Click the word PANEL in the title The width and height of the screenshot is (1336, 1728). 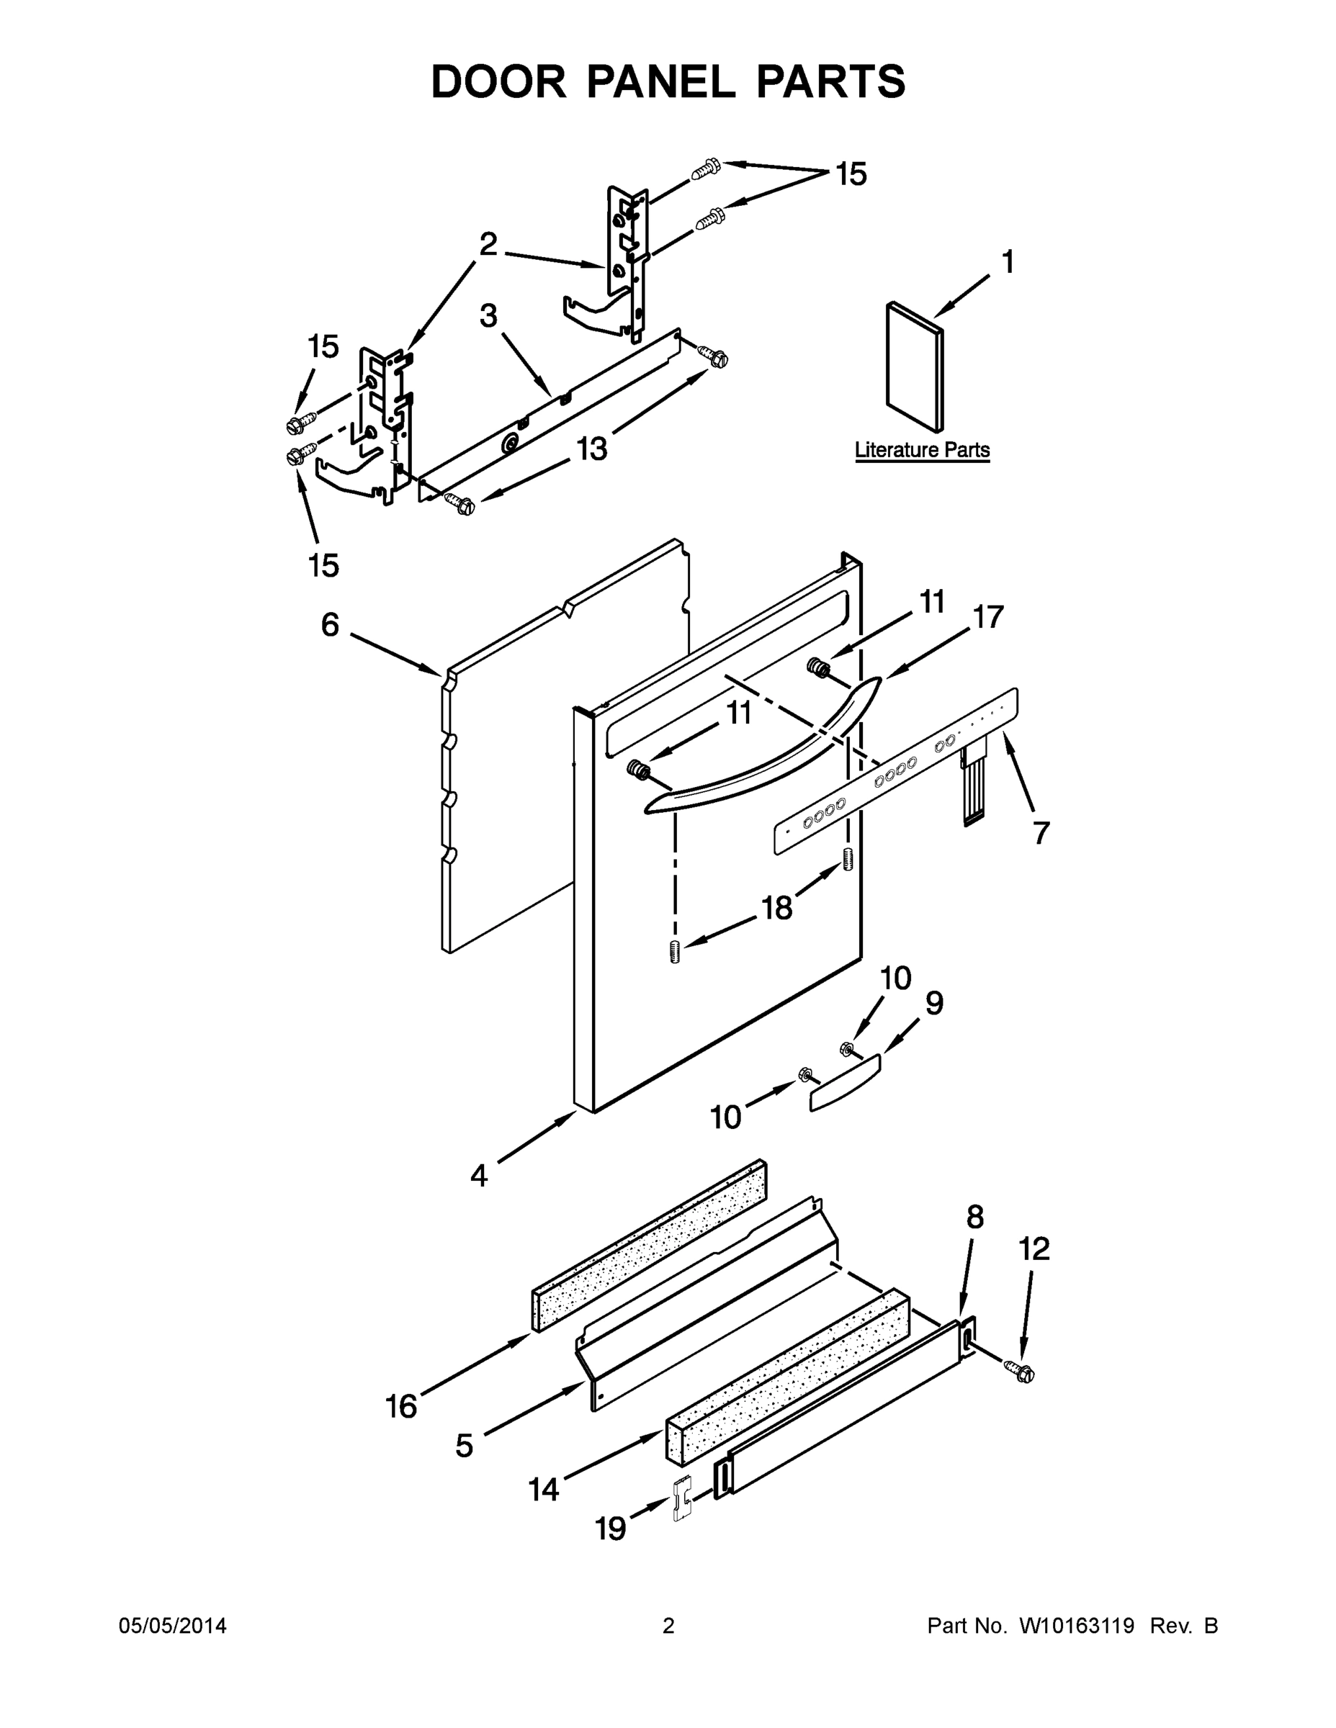tap(660, 82)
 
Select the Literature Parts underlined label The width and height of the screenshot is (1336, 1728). tap(921, 450)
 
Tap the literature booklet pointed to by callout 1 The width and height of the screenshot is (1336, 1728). tap(914, 366)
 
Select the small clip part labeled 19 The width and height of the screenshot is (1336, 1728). tap(681, 1498)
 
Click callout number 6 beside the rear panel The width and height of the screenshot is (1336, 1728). tap(330, 625)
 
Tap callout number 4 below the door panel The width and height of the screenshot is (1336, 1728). tap(479, 1176)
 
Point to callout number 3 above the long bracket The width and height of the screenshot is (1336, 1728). tap(488, 317)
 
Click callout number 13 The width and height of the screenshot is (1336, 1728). tap(591, 449)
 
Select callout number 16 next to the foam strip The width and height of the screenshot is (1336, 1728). tap(401, 1407)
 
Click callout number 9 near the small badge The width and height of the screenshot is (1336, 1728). tap(934, 1003)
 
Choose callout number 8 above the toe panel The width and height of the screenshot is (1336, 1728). tap(975, 1218)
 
